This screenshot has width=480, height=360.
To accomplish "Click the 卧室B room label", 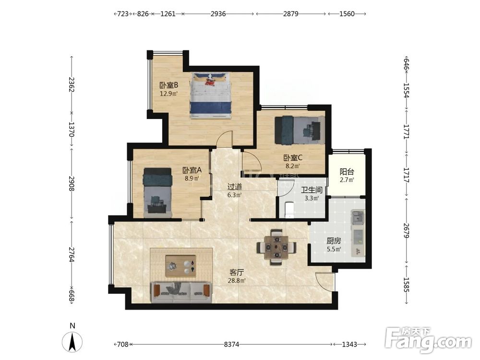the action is (x=168, y=85).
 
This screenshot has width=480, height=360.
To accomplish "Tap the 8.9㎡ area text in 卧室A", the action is (x=192, y=178).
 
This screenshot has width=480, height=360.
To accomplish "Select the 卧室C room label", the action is (x=293, y=157).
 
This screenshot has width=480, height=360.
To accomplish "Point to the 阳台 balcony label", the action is (x=347, y=172).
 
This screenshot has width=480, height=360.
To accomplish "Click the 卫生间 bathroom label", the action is (x=312, y=190).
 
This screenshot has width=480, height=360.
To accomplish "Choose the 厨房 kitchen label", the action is (x=334, y=241).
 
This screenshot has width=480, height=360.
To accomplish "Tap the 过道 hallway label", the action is (x=235, y=186).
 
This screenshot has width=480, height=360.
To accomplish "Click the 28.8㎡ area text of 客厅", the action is (x=237, y=280).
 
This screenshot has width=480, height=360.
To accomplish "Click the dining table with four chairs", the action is (x=276, y=247).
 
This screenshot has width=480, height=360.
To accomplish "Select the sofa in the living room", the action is (x=181, y=293).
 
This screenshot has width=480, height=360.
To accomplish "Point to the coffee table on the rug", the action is (x=181, y=266).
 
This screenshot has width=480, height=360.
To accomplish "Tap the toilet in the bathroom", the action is (x=289, y=210).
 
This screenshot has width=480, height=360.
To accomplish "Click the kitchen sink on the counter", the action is (x=357, y=217).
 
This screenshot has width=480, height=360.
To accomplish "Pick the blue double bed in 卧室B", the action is (x=211, y=95).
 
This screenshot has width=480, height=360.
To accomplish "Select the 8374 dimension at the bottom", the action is (x=231, y=344).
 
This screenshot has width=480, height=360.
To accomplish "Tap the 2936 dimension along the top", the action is (x=218, y=14).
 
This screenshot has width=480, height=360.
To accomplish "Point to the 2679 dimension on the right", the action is (x=406, y=230).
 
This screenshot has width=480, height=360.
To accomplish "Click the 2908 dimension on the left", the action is (x=72, y=183).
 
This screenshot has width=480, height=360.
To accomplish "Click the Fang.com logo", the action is (x=428, y=340).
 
